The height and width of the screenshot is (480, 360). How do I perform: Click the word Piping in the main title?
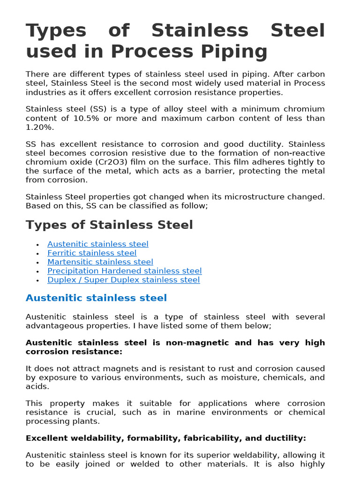coord(238,51)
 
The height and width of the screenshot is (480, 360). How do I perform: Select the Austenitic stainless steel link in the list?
coord(97,244)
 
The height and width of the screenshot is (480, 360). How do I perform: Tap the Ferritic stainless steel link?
coord(92,253)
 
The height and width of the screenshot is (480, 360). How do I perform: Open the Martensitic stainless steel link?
coord(100,262)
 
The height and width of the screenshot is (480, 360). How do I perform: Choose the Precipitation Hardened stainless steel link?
coord(124,270)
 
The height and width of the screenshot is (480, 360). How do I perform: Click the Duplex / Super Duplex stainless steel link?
coord(123,279)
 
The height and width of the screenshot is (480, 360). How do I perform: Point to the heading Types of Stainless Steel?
coord(109,225)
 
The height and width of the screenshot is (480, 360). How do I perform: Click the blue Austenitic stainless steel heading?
coord(96,298)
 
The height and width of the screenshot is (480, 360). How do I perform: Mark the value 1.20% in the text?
coord(40,127)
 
